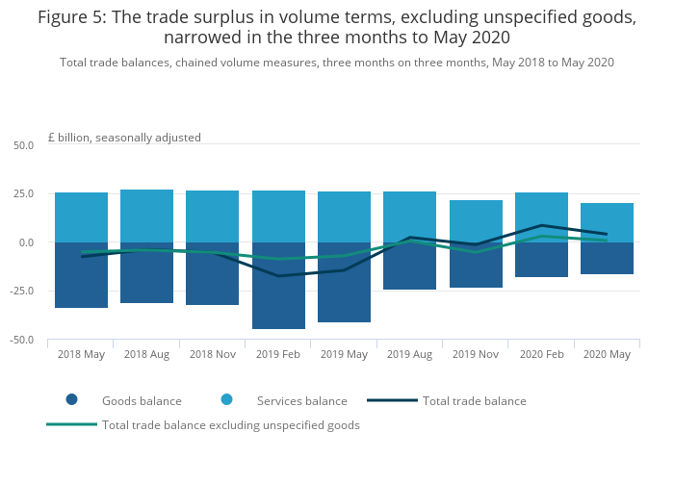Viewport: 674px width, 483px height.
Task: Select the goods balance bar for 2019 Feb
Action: (x=278, y=298)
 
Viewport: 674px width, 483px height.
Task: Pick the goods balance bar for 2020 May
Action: (x=607, y=262)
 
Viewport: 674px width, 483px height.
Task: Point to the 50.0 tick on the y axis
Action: (x=23, y=145)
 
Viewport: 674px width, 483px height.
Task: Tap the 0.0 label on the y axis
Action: (x=26, y=242)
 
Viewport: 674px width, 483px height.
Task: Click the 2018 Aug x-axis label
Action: (x=146, y=354)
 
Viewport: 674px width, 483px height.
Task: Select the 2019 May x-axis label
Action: (x=344, y=354)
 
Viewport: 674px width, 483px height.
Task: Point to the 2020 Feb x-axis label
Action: (x=541, y=354)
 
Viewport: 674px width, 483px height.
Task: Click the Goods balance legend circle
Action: (x=71, y=400)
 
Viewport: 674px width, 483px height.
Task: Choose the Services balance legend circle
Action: (x=226, y=400)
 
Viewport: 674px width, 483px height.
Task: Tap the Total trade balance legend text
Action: (x=474, y=401)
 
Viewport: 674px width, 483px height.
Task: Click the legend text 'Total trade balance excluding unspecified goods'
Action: (x=231, y=425)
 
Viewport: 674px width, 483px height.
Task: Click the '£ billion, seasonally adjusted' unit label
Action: (x=124, y=138)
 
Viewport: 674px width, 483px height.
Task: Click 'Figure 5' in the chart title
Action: (x=73, y=17)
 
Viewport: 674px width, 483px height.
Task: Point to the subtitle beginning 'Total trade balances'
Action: (x=337, y=63)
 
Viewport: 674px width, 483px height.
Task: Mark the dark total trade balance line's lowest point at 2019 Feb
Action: (x=278, y=276)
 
